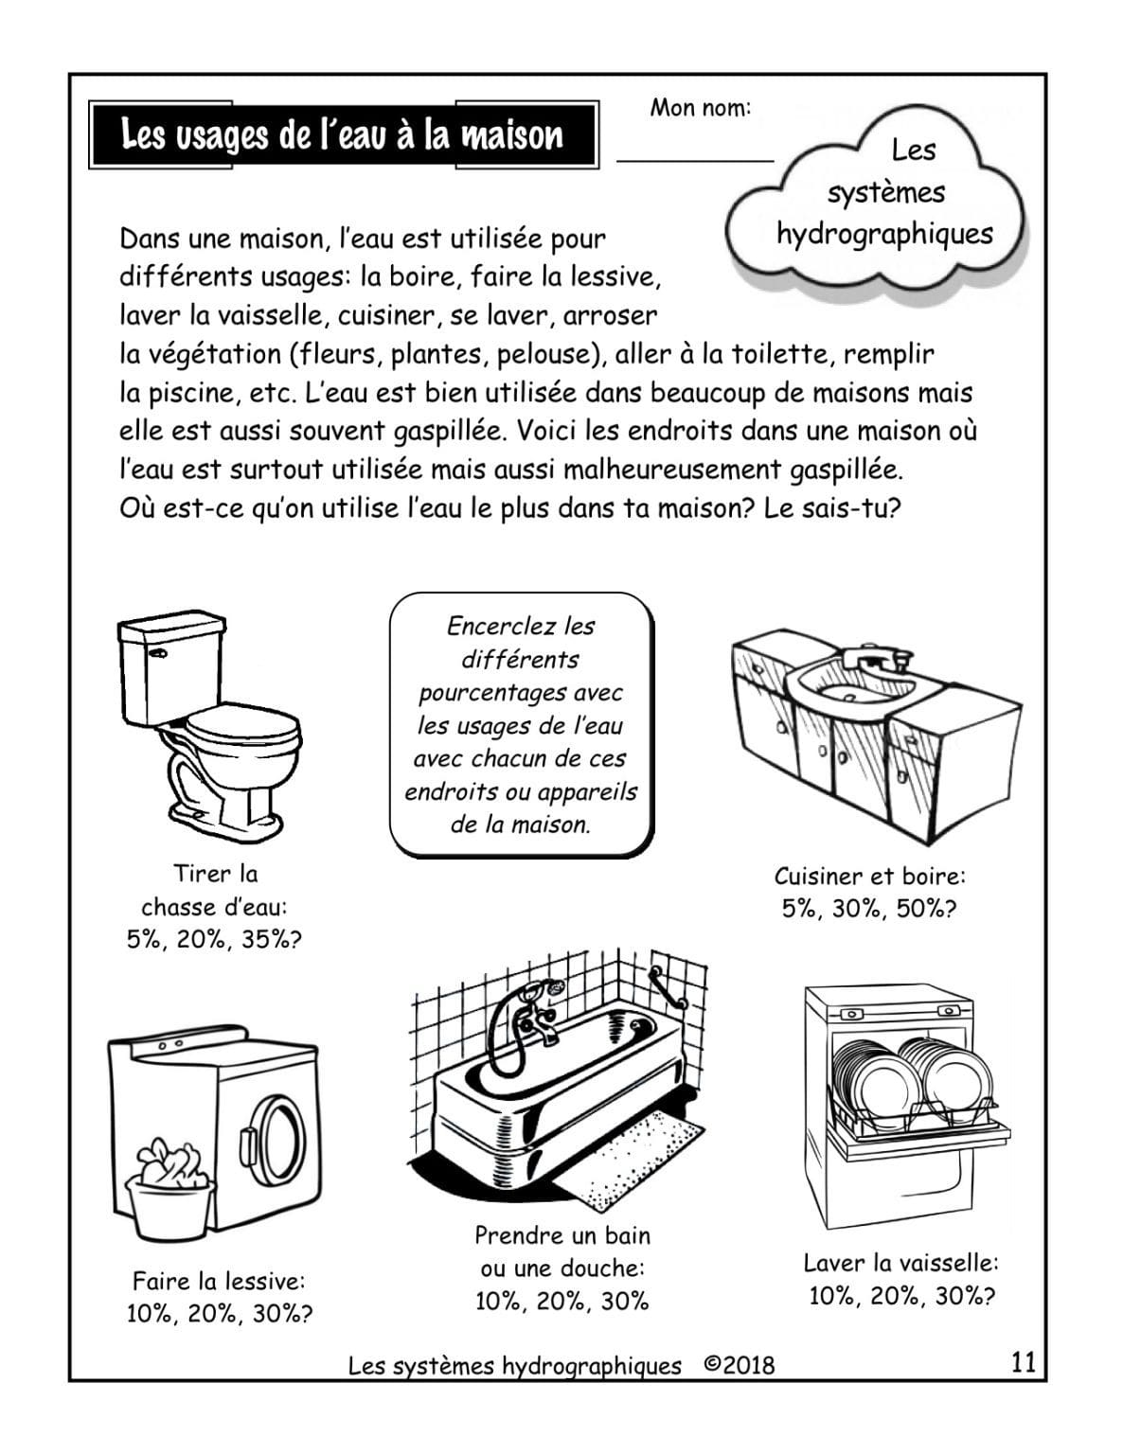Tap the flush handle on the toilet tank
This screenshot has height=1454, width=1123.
[158, 654]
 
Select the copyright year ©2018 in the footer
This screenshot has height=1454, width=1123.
[739, 1365]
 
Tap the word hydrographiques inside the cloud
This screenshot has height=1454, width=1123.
[884, 234]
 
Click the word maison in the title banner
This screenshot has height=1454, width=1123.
[511, 135]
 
